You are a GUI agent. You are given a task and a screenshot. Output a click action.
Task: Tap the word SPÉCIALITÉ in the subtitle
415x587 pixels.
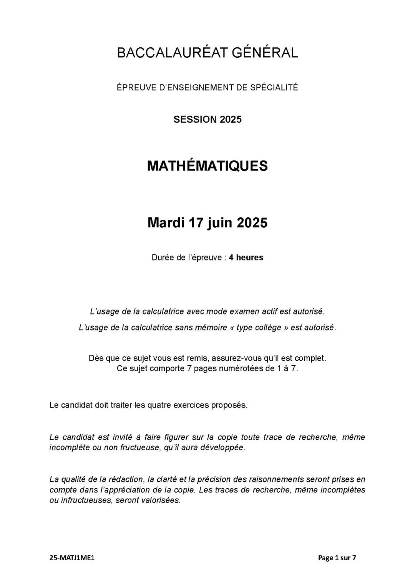pos(274,88)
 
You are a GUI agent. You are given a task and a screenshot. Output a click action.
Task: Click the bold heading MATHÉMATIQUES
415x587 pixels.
pos(207,166)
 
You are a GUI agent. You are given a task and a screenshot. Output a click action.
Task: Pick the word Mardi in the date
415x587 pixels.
pos(165,223)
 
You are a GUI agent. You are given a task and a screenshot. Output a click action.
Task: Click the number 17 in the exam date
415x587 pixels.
pos(196,223)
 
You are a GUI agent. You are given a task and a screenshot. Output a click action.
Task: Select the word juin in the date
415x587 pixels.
pos(219,223)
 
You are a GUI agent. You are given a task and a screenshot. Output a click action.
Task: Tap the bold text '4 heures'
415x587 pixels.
pos(246,258)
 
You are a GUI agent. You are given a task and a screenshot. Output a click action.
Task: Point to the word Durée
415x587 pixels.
pos(163,258)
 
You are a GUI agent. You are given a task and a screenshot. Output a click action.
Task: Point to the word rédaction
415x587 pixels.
pos(126,479)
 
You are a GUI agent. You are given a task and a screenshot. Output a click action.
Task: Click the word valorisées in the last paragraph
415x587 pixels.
pos(160,501)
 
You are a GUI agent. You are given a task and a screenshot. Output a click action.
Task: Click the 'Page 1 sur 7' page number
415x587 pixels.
pos(337,558)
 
